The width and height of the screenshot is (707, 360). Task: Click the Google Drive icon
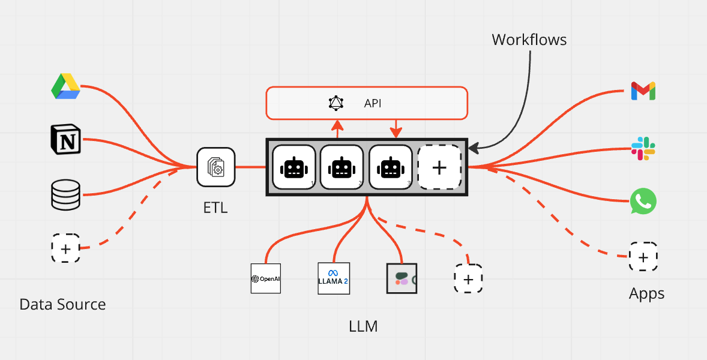(x=66, y=86)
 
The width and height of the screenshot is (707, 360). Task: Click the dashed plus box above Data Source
(x=66, y=248)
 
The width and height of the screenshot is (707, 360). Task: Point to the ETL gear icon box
(x=216, y=167)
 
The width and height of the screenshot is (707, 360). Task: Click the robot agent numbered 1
(x=294, y=167)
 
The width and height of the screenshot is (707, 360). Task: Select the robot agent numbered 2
(x=341, y=167)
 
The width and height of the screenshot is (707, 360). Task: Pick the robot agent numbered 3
(x=391, y=167)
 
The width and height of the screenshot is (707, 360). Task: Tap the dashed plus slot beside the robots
(x=439, y=167)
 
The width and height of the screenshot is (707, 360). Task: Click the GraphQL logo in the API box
(x=336, y=103)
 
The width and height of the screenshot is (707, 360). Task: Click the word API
(x=373, y=103)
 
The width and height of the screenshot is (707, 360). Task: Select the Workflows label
(x=529, y=40)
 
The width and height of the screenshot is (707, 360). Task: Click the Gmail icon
(x=643, y=91)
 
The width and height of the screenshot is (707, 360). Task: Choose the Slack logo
(x=643, y=148)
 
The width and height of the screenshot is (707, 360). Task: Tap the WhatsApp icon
(x=643, y=202)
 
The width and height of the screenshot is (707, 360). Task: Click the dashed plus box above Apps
(x=643, y=257)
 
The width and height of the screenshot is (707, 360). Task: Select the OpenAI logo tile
(x=266, y=278)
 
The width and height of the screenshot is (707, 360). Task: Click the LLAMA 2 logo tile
(x=334, y=278)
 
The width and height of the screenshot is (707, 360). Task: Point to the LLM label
(x=364, y=326)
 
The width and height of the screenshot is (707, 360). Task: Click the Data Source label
(x=62, y=304)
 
